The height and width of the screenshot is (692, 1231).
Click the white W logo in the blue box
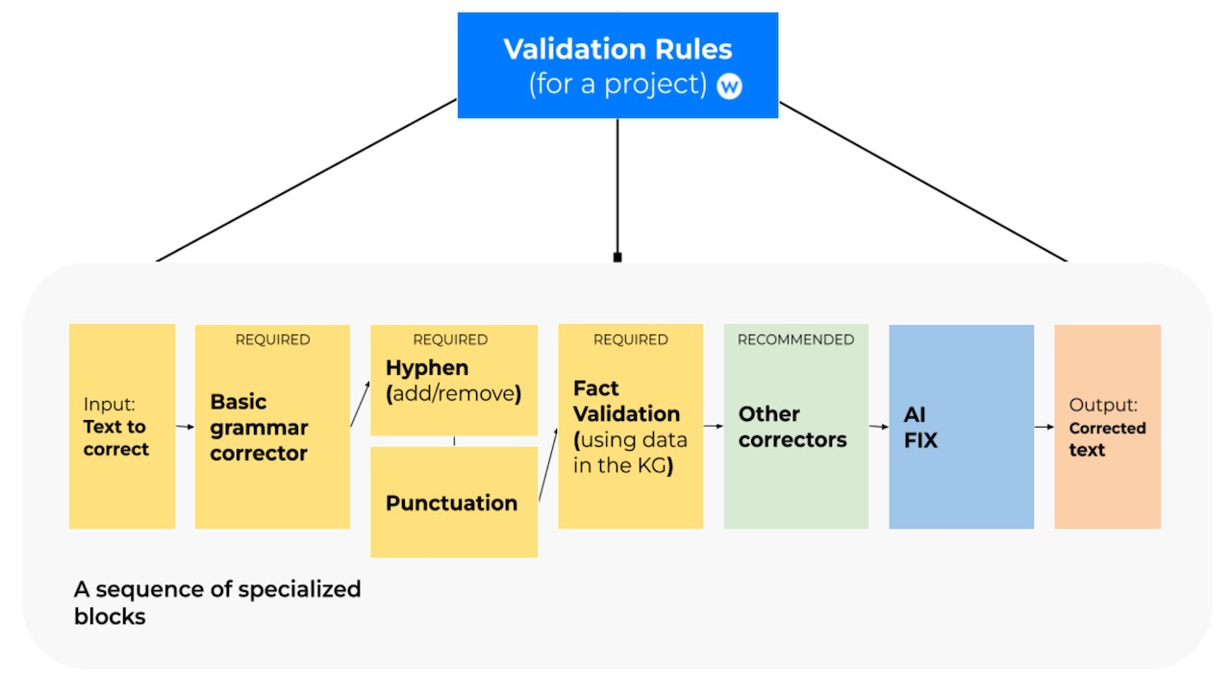coord(729,86)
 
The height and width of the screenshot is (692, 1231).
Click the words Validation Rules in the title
coord(617,49)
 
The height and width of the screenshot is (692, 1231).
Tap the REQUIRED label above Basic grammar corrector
coord(272,339)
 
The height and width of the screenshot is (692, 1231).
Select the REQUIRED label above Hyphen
coord(450,339)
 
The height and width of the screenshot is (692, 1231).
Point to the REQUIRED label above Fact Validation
coord(630,339)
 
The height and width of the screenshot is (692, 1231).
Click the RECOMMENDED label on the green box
coord(795,339)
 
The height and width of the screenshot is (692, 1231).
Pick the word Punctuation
coord(451,503)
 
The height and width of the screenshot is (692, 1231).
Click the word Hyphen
coord(427,368)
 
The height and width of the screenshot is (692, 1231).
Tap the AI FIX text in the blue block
coord(920,427)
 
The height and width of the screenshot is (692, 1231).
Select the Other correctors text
coord(792,427)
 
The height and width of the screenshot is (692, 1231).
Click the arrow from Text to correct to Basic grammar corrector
coord(186,426)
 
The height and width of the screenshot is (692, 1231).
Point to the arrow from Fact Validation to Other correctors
coord(714,426)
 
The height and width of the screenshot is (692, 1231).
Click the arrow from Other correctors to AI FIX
coord(879,426)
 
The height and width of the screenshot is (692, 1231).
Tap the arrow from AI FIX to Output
coord(1044,426)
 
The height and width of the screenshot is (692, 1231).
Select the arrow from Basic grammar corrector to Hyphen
coord(360,405)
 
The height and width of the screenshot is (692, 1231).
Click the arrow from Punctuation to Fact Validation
coord(548,464)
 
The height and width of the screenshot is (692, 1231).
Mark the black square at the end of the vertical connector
coord(617,257)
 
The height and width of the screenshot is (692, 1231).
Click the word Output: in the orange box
coord(1103,406)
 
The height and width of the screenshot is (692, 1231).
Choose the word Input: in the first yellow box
coord(109,405)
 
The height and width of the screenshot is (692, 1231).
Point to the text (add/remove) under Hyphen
coord(453,394)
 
